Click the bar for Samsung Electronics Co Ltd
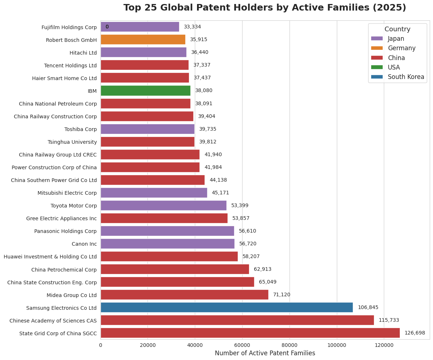pos(227,308)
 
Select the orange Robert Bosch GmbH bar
pos(143,40)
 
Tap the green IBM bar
pos(145,91)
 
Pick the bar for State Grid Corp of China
pos(250,333)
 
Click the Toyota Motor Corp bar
pos(164,206)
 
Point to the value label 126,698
pos(414,333)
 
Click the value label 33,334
pos(192,27)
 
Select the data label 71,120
pos(282,295)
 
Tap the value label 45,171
pos(220,193)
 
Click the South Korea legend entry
pos(406,77)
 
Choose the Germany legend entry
pos(401,48)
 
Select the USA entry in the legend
pos(394,67)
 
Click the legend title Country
pos(397,29)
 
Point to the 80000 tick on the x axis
pos(290,344)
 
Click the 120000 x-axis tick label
pos(384,344)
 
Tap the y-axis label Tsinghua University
pos(72,142)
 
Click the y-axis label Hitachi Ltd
pos(83,53)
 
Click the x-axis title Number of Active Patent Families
pos(265,353)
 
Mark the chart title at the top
pos(265,8)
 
